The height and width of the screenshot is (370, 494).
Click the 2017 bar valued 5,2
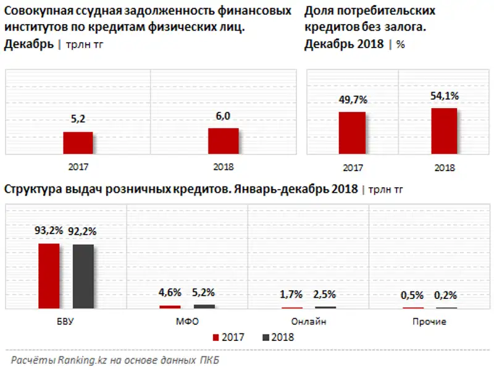coord(78,143)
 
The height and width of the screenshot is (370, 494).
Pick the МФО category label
coord(186,322)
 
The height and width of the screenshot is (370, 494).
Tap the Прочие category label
coord(429,322)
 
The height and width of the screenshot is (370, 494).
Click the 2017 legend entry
coord(228,337)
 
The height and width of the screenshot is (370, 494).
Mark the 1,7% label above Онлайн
coord(291,295)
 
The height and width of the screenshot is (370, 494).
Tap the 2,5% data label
coord(326,295)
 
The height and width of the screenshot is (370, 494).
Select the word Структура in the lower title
coord(32,189)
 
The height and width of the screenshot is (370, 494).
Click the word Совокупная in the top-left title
coord(38,11)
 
